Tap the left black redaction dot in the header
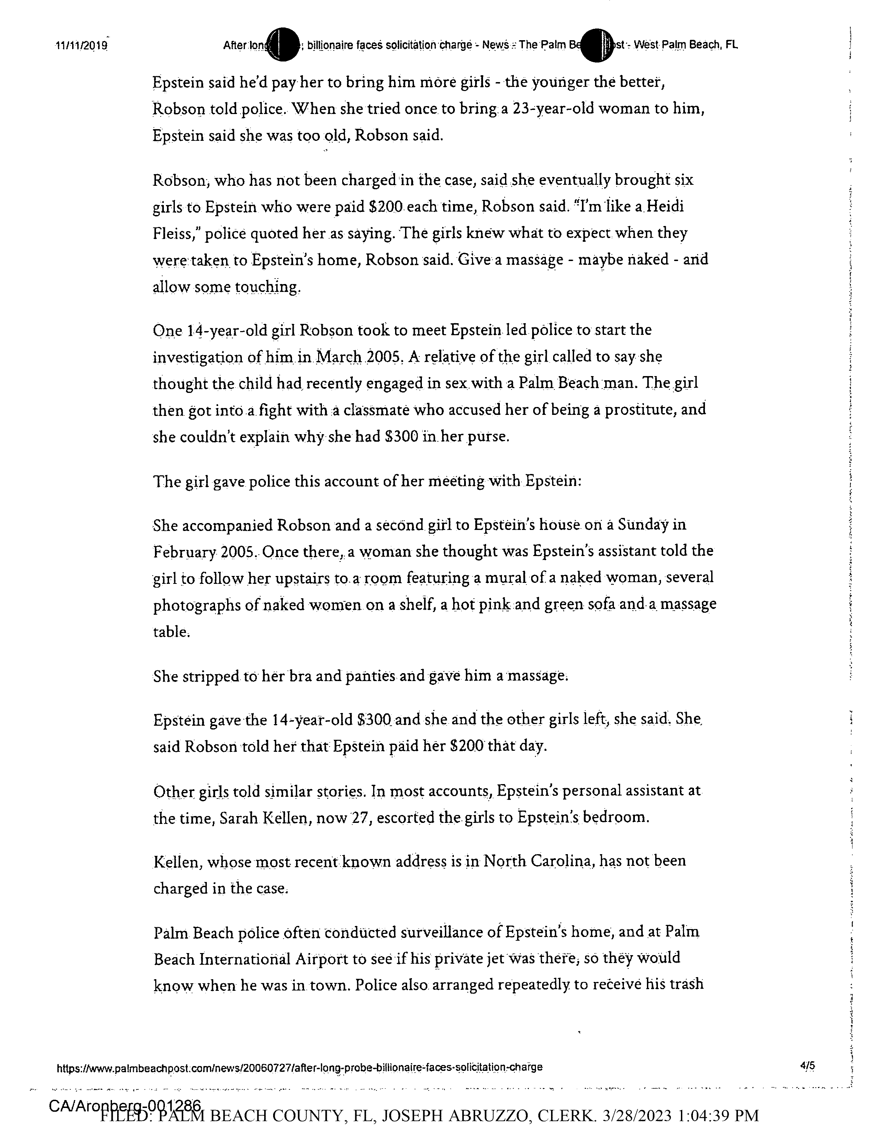point(283,45)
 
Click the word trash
point(685,984)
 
